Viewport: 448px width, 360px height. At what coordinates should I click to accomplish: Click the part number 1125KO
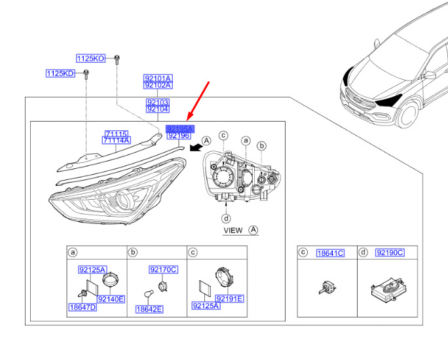[x=90, y=58]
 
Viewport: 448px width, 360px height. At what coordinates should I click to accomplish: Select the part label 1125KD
[x=60, y=73]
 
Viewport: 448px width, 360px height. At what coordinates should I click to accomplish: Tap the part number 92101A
[x=158, y=78]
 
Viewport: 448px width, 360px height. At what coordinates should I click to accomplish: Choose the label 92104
[x=158, y=109]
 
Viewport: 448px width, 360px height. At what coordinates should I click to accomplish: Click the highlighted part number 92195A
[x=179, y=128]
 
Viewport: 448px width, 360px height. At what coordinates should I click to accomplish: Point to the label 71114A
[x=116, y=140]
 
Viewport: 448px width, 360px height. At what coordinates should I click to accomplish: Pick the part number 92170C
[x=163, y=269]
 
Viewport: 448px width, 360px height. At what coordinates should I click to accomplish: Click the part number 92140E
[x=111, y=299]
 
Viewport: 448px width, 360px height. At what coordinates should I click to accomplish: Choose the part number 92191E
[x=229, y=298]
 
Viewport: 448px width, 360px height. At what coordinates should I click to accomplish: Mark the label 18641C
[x=329, y=253]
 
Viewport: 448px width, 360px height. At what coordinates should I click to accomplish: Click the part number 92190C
[x=390, y=253]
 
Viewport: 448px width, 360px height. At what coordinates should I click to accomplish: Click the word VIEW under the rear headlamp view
[x=233, y=230]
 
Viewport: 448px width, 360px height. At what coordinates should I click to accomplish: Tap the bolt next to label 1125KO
[x=116, y=60]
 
